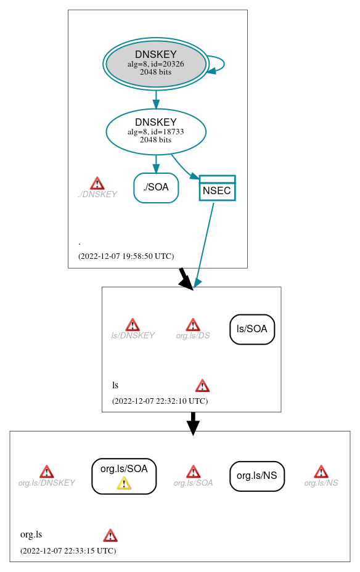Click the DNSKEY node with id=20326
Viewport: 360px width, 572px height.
point(156,63)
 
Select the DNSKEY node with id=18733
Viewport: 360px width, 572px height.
point(156,131)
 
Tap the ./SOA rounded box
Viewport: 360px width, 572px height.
point(156,187)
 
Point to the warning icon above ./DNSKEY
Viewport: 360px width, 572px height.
point(97,183)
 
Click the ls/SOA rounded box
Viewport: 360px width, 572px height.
point(252,329)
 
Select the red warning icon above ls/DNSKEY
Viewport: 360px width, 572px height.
point(133,325)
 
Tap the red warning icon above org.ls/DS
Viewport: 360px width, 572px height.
point(193,325)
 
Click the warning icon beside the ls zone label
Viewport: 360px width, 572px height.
point(202,386)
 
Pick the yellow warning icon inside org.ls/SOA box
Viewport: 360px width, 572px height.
point(124,483)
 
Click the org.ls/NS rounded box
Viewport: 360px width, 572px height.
point(257,476)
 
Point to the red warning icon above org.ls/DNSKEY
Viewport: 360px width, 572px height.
point(46,472)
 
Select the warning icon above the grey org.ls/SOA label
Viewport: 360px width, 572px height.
point(193,472)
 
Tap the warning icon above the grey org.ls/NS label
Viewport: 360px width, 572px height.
point(321,472)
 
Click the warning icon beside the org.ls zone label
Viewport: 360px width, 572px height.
point(110,535)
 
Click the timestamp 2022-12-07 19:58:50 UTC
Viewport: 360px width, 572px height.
point(126,256)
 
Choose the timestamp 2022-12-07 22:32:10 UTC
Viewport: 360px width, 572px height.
point(160,401)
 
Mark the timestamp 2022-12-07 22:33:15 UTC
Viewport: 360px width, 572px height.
point(68,550)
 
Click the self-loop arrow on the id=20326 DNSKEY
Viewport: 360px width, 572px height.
point(218,64)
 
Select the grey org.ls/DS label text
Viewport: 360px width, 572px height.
point(193,336)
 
